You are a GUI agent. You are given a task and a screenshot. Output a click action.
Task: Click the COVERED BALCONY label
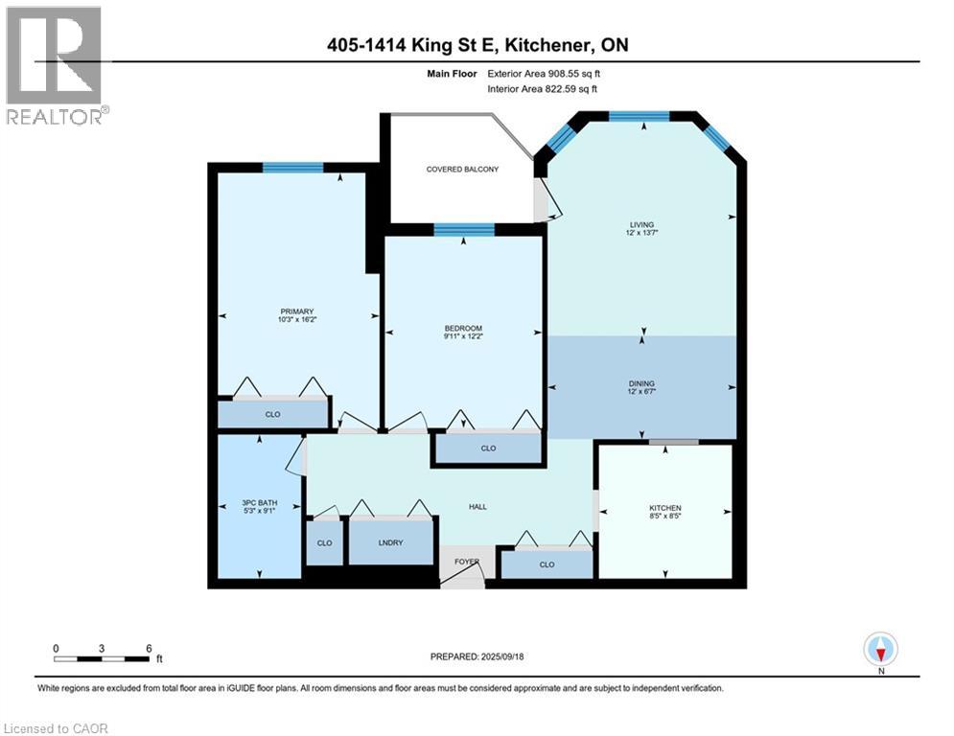(x=462, y=170)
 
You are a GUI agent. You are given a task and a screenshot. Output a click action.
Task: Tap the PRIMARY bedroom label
(x=291, y=310)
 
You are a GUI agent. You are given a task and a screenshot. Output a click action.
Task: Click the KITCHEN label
(x=664, y=508)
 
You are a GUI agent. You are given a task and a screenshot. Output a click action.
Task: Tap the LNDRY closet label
(x=391, y=542)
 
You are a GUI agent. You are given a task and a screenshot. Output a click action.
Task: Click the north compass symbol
(x=879, y=650)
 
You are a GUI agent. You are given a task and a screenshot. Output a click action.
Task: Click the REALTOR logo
(x=55, y=64)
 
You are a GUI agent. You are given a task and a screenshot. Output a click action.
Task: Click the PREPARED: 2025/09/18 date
(x=477, y=657)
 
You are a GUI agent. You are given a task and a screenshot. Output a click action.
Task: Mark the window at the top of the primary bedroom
(x=293, y=168)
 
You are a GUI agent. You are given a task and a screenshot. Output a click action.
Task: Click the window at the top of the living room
(x=639, y=116)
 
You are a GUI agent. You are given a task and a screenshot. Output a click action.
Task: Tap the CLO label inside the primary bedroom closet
(x=272, y=415)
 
